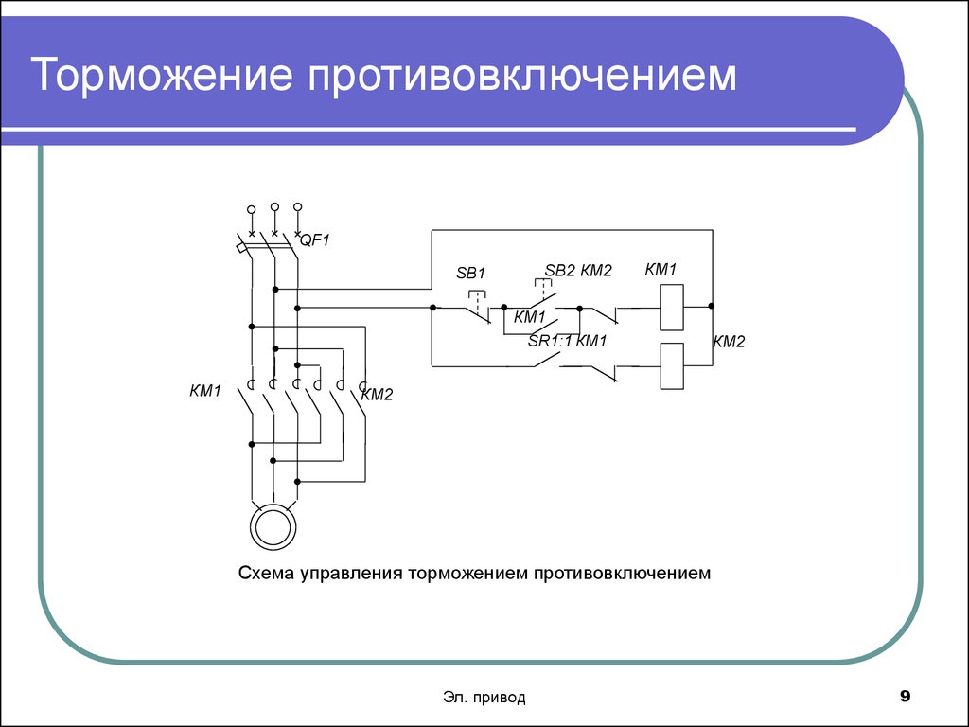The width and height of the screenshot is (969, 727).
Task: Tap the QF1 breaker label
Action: click(315, 240)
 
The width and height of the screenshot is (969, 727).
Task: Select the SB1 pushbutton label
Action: click(470, 273)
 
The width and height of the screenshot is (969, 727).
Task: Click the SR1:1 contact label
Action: click(550, 341)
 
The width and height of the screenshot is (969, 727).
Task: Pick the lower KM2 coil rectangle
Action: click(672, 364)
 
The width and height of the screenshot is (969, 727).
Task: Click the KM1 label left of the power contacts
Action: click(204, 390)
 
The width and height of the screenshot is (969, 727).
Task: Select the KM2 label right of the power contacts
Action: click(377, 395)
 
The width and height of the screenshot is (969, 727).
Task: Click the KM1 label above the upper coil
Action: click(661, 270)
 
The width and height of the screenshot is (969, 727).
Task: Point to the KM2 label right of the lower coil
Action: click(730, 342)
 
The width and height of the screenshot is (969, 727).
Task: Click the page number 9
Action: click(905, 698)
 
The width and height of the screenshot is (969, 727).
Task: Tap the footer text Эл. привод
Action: click(484, 698)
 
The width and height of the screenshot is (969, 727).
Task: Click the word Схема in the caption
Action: click(266, 574)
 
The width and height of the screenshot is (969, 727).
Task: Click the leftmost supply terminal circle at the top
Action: click(251, 209)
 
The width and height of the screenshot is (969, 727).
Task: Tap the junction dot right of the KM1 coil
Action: click(712, 307)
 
